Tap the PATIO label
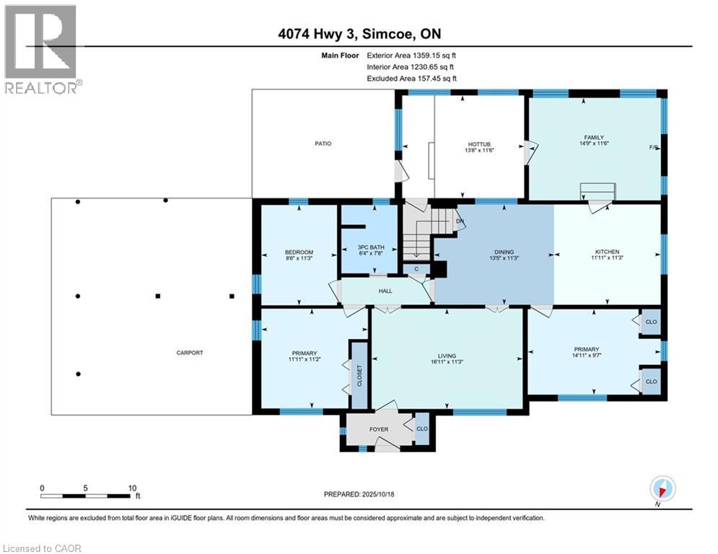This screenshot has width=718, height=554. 323,144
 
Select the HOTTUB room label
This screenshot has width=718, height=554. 479,144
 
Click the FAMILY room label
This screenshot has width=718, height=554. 593,138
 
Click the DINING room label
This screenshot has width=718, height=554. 494,252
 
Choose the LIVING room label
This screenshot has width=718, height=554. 448,355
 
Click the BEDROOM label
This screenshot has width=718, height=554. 299,252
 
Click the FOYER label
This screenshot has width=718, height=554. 379,429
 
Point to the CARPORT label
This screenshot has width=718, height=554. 190,353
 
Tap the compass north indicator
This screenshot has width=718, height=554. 662,489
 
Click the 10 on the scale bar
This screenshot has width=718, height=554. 132,488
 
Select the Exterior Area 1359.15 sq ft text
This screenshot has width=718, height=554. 411,55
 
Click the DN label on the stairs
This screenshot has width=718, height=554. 459,221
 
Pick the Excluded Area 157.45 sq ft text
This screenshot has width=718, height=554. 411,79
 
